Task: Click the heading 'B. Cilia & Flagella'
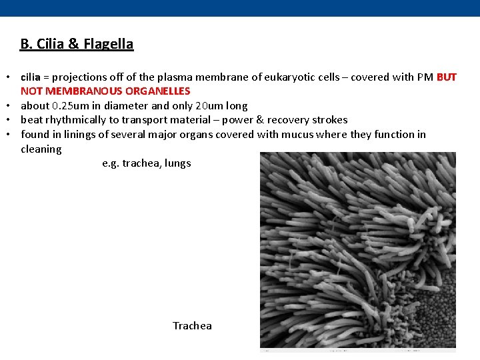[x=77, y=44]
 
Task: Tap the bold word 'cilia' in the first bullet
[x=30, y=77]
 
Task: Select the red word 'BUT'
[x=446, y=77]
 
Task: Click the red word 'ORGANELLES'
[x=157, y=91]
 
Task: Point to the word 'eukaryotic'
[x=288, y=77]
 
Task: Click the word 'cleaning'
[x=41, y=149]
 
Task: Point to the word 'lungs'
[x=177, y=163]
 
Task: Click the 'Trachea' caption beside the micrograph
[x=192, y=326]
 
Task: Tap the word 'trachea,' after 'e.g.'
[x=141, y=163]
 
